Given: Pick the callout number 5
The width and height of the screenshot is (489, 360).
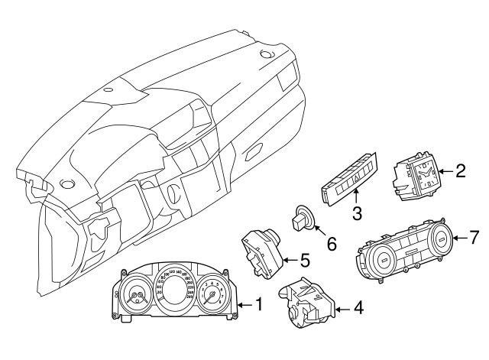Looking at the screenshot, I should (x=303, y=261).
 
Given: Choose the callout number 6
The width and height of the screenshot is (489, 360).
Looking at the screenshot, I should (x=331, y=245).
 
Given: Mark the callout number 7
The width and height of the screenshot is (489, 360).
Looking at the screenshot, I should (x=473, y=238).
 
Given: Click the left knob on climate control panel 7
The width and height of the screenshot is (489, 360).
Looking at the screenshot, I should (x=381, y=262).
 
